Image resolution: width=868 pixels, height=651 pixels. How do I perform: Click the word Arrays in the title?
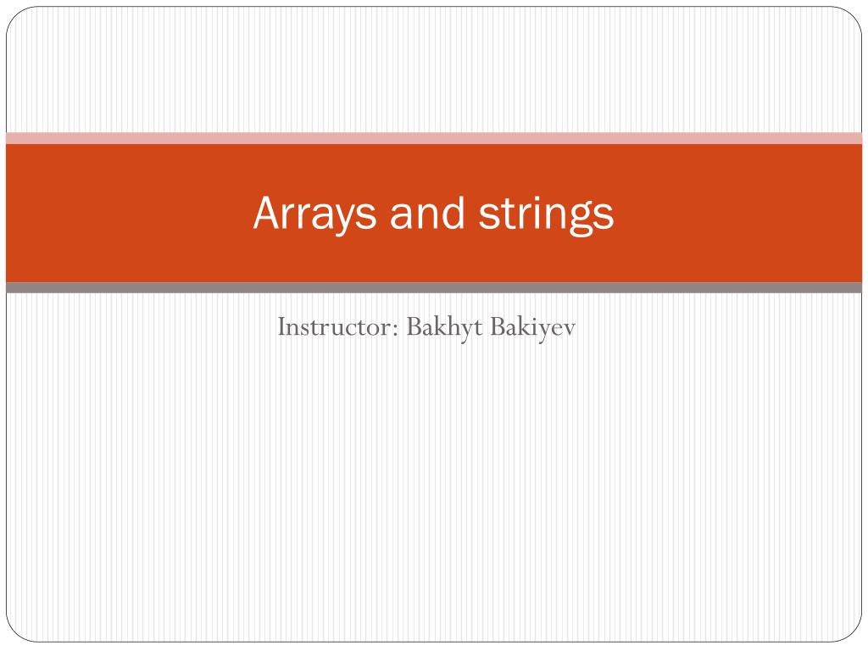pyautogui.click(x=315, y=214)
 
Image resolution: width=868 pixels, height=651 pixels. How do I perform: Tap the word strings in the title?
pyautogui.click(x=547, y=214)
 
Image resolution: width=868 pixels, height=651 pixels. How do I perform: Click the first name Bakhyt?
pyautogui.click(x=444, y=327)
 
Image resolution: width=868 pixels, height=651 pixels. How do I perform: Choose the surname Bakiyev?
pyautogui.click(x=533, y=327)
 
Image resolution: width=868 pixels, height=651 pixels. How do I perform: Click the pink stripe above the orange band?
pyautogui.click(x=434, y=138)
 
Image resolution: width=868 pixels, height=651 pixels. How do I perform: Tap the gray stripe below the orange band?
pyautogui.click(x=434, y=287)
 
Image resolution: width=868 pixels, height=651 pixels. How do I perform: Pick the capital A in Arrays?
pyautogui.click(x=267, y=212)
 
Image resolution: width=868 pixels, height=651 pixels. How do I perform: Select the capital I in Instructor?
pyautogui.click(x=281, y=326)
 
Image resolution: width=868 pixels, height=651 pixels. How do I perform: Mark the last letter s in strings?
pyautogui.click(x=604, y=216)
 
